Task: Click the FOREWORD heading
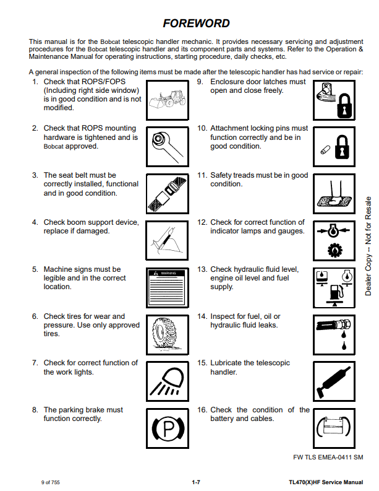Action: [x=196, y=24]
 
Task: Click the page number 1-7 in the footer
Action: [x=195, y=481]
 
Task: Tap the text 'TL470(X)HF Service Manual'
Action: [x=326, y=481]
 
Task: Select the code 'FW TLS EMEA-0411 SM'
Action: [x=328, y=457]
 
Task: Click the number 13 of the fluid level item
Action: [x=202, y=270]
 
